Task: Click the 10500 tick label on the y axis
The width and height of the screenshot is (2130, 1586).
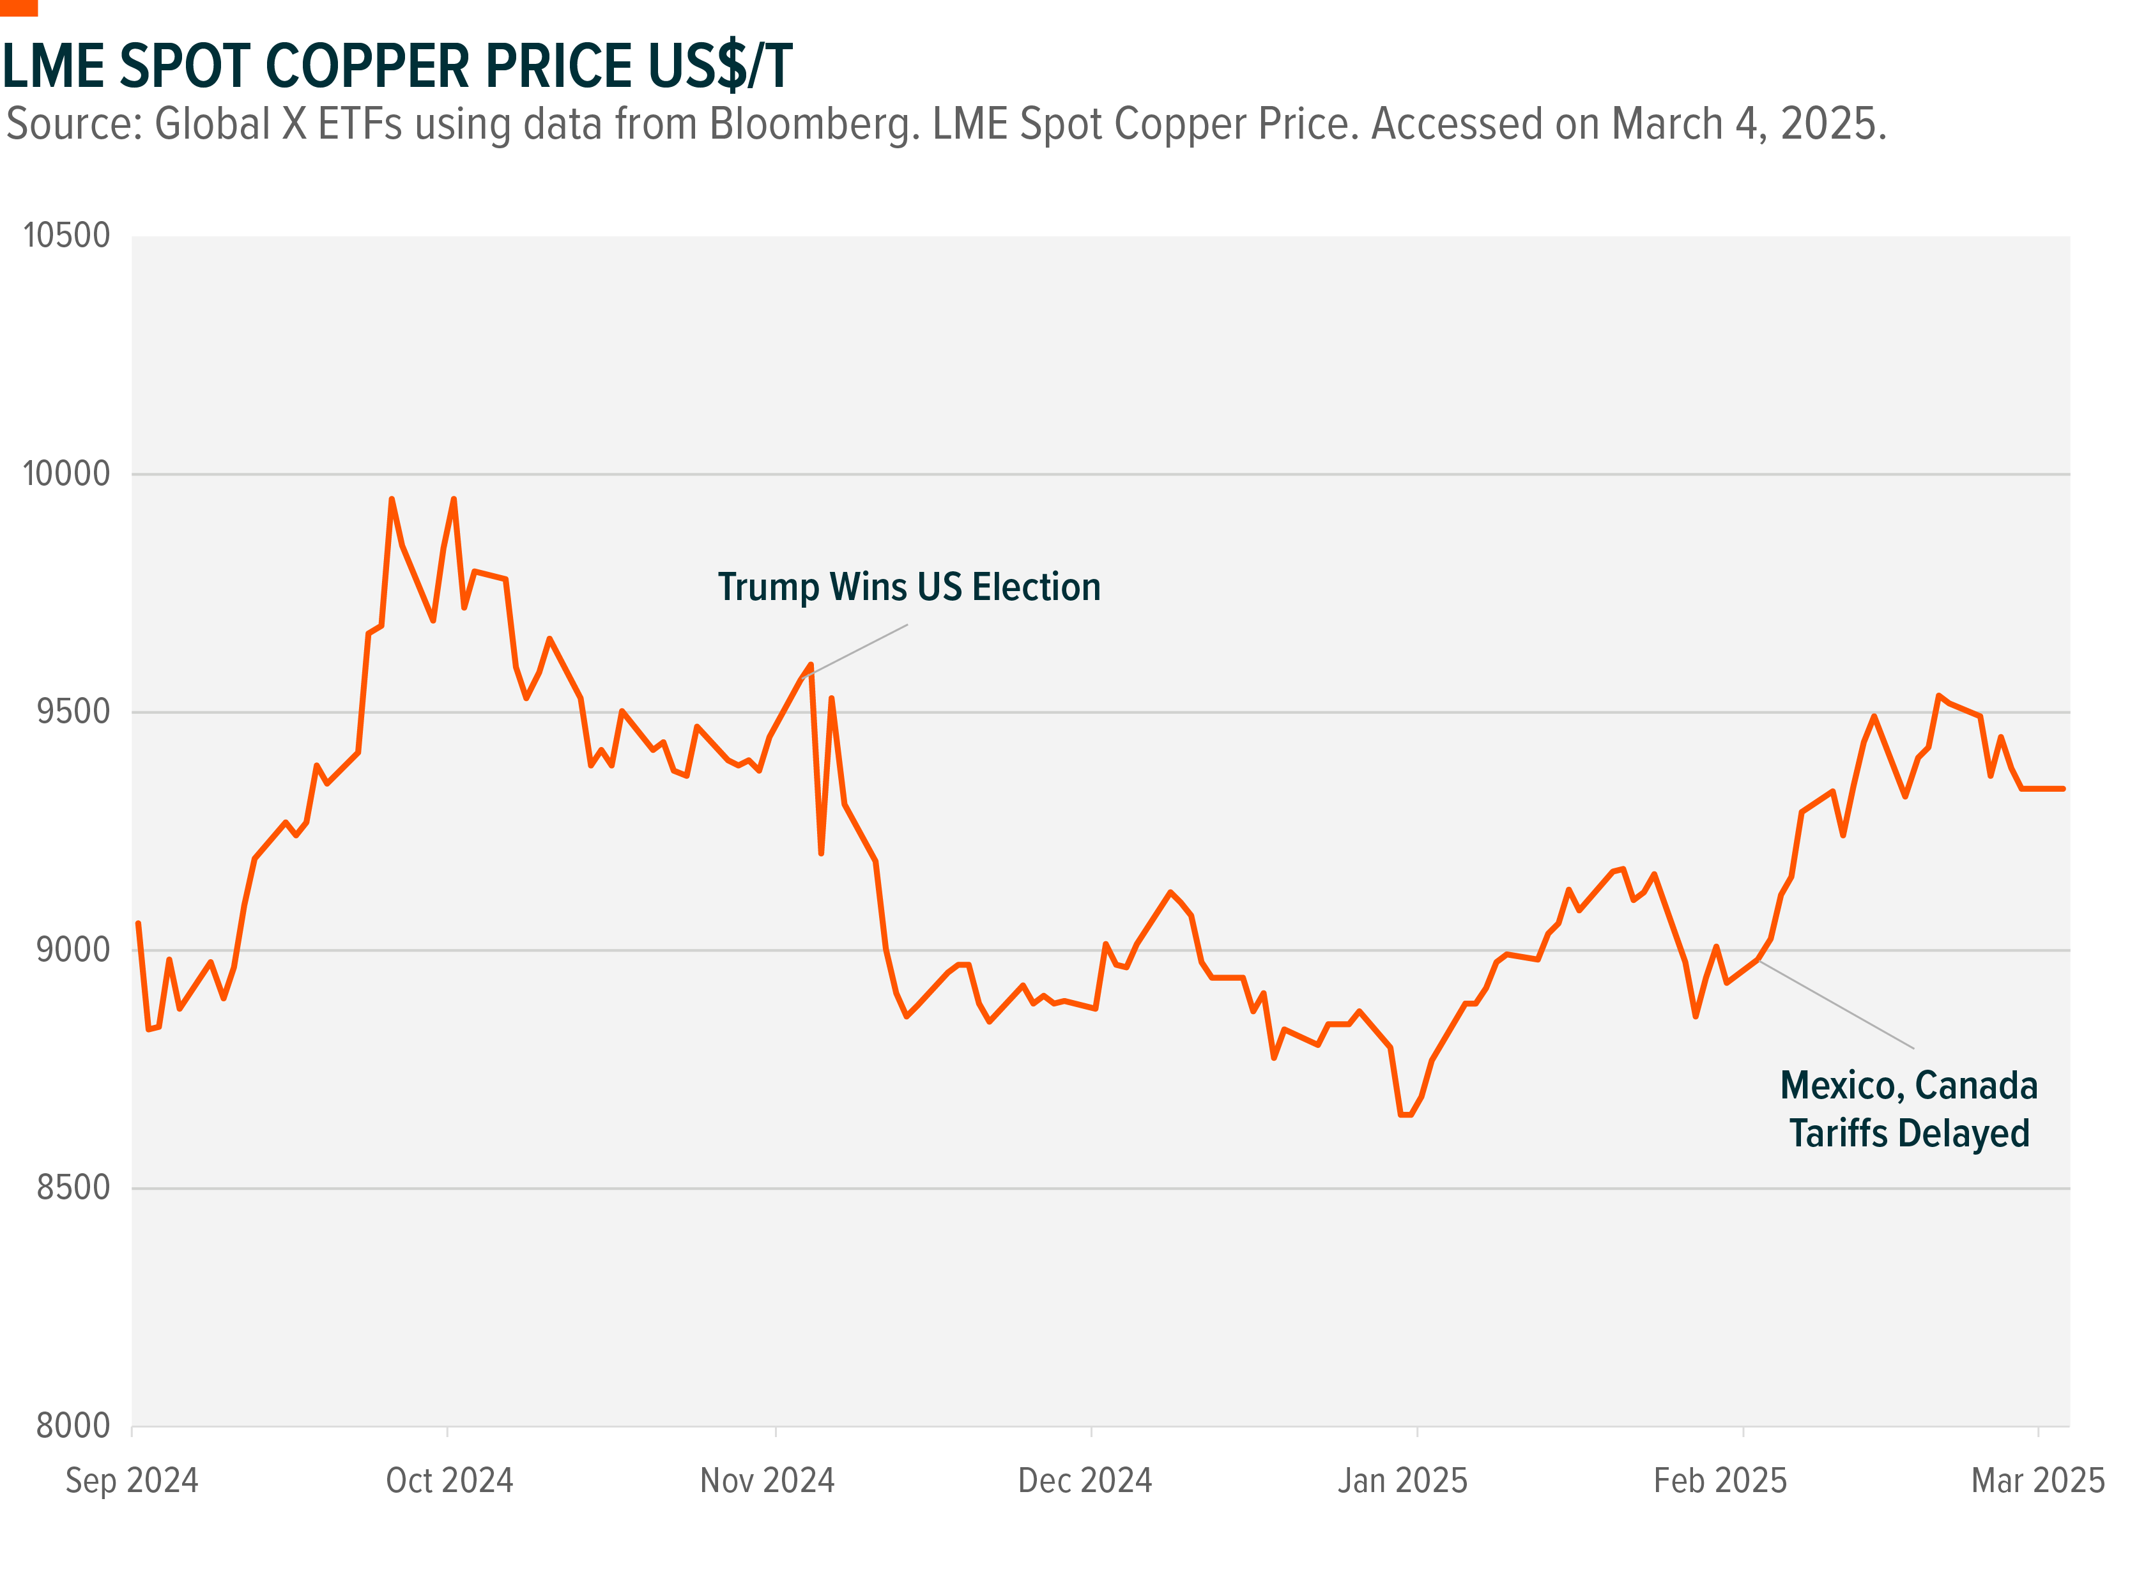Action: (66, 235)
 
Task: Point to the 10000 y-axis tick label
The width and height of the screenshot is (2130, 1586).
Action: (66, 473)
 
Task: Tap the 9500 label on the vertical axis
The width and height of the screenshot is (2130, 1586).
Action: (73, 711)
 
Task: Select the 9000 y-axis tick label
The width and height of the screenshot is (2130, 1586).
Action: (73, 950)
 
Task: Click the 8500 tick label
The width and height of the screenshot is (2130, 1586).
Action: (73, 1187)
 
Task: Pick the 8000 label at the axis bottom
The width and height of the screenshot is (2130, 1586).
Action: (73, 1426)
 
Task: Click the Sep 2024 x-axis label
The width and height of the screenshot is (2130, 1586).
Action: (132, 1481)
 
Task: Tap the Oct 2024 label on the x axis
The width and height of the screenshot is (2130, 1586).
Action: (449, 1481)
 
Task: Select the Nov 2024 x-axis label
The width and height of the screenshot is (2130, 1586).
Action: (767, 1481)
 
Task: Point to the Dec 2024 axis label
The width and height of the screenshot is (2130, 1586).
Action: (1085, 1481)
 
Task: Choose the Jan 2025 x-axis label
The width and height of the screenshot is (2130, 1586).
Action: (1402, 1481)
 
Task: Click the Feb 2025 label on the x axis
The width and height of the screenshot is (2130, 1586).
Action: (1720, 1481)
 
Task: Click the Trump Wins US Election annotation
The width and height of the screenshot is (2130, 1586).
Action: (909, 587)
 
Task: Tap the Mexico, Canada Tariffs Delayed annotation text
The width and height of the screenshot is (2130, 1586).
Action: (1909, 1109)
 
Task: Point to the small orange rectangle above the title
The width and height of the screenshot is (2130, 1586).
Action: (19, 8)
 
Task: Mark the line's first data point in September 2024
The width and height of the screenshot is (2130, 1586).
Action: (138, 923)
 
